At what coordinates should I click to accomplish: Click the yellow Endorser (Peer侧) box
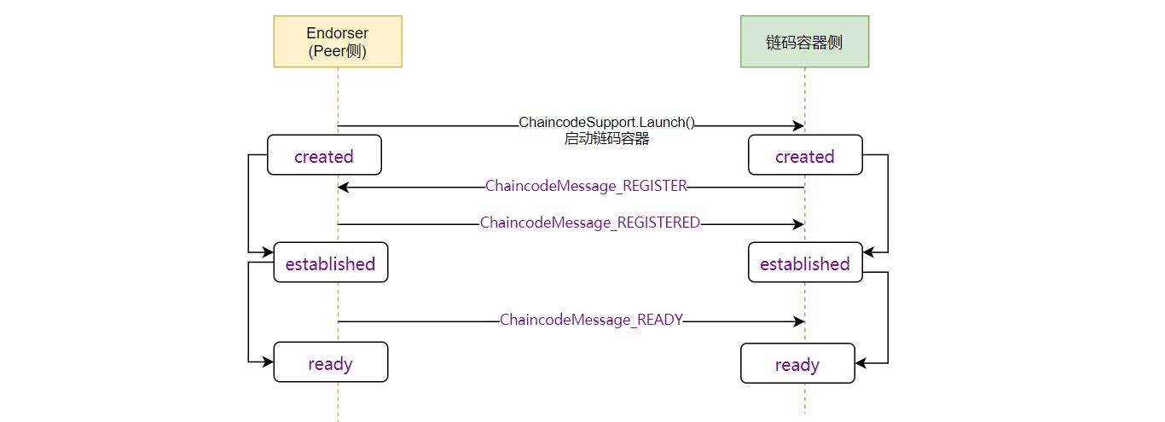pyautogui.click(x=338, y=42)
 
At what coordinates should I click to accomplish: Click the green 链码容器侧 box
pyautogui.click(x=804, y=42)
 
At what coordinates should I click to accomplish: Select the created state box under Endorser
pyautogui.click(x=324, y=155)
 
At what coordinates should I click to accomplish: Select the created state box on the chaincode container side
pyautogui.click(x=805, y=155)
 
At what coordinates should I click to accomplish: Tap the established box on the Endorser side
pyautogui.click(x=331, y=263)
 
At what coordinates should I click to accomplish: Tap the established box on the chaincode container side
pyautogui.click(x=805, y=263)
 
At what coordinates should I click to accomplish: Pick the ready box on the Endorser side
pyautogui.click(x=331, y=362)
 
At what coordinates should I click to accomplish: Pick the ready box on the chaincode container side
pyautogui.click(x=797, y=363)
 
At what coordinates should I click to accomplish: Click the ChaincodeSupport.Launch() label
pyautogui.click(x=606, y=122)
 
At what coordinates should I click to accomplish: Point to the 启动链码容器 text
pyautogui.click(x=606, y=139)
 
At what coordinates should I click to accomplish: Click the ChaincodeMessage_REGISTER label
pyautogui.click(x=586, y=186)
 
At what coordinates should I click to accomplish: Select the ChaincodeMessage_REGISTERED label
pyautogui.click(x=590, y=223)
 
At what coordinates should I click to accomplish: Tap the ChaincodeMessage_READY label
pyautogui.click(x=591, y=320)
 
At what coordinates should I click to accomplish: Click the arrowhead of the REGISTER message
pyautogui.click(x=343, y=187)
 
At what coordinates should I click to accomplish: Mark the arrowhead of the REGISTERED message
pyautogui.click(x=799, y=224)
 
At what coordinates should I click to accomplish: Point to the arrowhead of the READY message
pyautogui.click(x=799, y=321)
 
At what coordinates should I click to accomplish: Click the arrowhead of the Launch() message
pyautogui.click(x=799, y=126)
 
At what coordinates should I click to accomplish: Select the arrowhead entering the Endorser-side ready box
pyautogui.click(x=268, y=361)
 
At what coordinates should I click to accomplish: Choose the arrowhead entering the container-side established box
pyautogui.click(x=868, y=252)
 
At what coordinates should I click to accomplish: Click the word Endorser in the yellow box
pyautogui.click(x=337, y=33)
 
